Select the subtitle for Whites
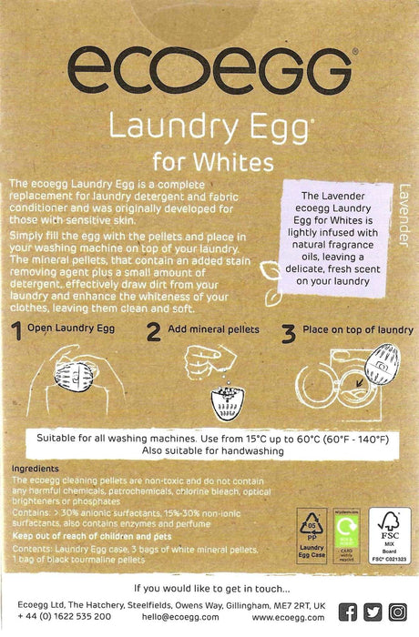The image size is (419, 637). click(209, 162)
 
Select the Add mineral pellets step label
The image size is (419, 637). click(213, 329)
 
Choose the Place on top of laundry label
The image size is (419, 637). click(358, 329)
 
